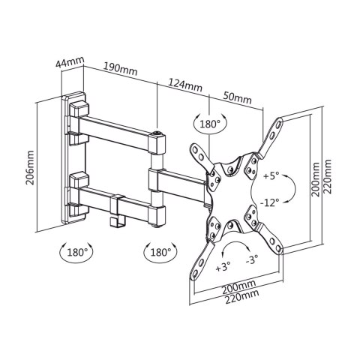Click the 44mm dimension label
point(70,62)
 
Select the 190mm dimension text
point(120,69)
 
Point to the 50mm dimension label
point(237,98)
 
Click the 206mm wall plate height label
point(31,167)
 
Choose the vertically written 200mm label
point(316,179)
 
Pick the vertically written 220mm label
point(327,176)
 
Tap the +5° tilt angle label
point(271,176)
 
